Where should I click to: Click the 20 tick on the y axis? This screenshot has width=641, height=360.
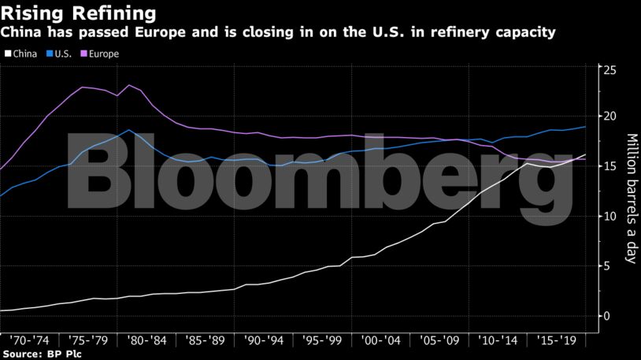click(608, 117)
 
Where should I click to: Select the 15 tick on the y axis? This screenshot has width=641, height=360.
click(608, 166)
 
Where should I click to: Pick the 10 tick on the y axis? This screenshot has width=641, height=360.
click(608, 216)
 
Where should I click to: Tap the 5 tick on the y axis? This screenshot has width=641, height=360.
click(605, 265)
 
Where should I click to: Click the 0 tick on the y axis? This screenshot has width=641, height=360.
click(605, 315)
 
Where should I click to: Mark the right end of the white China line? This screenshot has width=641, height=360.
click(585, 154)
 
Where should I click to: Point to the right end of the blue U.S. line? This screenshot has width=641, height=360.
click(585, 127)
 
